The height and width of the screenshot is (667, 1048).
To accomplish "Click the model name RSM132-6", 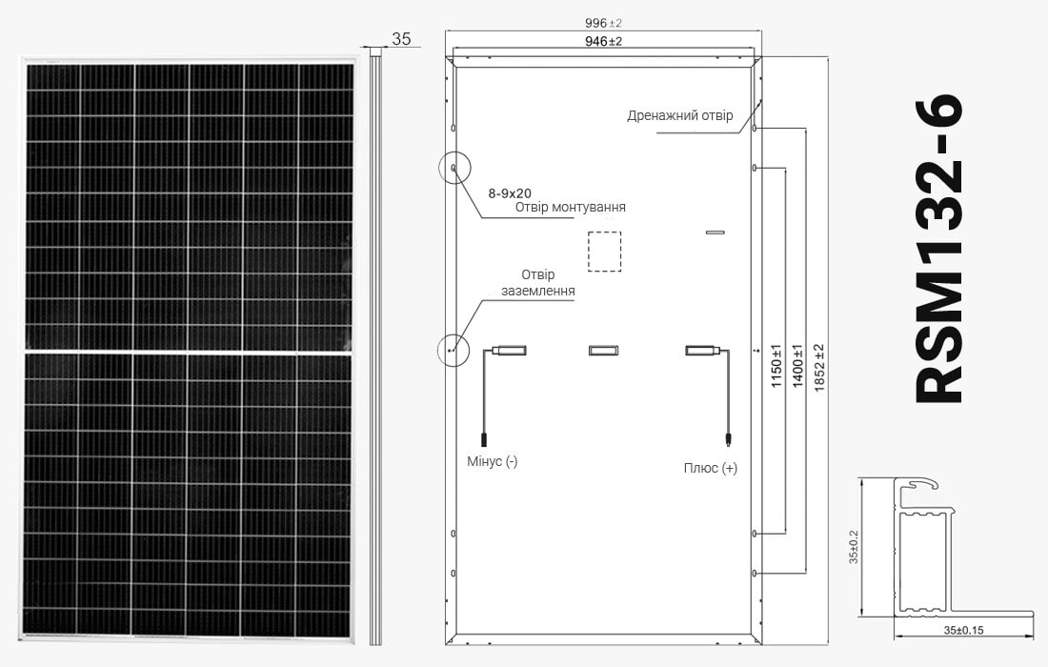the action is [x=938, y=249].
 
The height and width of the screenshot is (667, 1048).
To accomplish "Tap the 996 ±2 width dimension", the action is [x=603, y=24].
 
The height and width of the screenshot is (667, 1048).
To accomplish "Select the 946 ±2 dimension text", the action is [x=603, y=41].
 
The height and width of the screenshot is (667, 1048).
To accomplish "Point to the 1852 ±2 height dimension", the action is [x=820, y=368].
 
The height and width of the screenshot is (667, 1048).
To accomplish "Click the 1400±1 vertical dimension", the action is [x=797, y=366].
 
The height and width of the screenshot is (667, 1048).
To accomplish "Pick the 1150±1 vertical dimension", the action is [x=776, y=366].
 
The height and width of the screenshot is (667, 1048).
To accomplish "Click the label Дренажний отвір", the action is [x=679, y=115].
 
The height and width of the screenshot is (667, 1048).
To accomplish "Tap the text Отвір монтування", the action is [x=570, y=207].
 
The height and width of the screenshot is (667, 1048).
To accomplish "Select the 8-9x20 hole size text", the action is [x=510, y=193].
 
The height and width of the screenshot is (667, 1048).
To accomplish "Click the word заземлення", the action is [x=538, y=292].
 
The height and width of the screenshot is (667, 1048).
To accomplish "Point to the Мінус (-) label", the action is [x=492, y=461].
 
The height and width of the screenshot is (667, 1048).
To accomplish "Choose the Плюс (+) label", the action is [x=711, y=468].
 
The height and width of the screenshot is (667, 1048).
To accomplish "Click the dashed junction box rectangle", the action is [x=604, y=232].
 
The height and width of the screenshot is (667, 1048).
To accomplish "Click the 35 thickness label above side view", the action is [x=401, y=39].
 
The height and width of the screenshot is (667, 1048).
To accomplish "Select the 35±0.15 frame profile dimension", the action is [x=963, y=630].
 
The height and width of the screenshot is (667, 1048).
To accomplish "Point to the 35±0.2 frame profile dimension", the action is [x=854, y=547].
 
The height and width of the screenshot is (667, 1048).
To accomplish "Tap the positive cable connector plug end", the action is [x=728, y=439].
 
